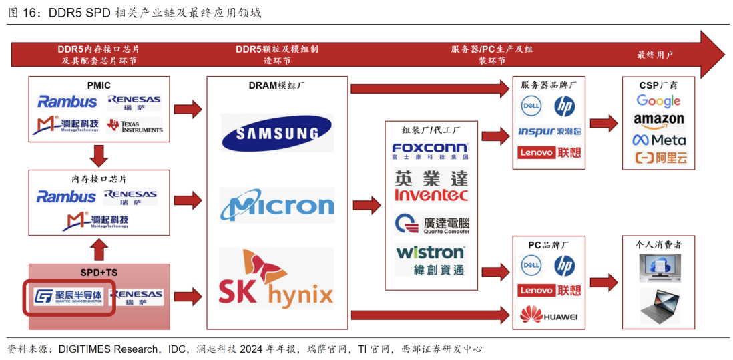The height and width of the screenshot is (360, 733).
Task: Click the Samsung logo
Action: pos(276,132)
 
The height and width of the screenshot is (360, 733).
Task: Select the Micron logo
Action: pos(277,206)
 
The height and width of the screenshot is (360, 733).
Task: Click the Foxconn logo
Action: pos(431,151)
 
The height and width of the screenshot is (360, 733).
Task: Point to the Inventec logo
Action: pos(431,187)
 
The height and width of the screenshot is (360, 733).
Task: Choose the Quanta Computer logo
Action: pos(431,224)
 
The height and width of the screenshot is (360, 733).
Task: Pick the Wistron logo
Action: pos(431,259)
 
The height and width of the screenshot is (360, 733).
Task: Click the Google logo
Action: pos(658,101)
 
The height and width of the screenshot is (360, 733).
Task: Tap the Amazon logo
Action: pos(658,120)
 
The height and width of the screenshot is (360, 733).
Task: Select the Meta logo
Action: pos(658,140)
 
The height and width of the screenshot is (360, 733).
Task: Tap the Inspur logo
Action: pos(549,132)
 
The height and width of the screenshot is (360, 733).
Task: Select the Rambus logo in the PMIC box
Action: pos(67,102)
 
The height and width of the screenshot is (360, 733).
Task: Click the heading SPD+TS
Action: pos(99,273)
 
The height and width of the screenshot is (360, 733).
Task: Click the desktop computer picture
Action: pos(658,267)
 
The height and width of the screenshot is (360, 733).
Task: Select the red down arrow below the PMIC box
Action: pos(99,156)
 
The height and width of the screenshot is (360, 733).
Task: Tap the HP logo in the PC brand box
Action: pos(565,266)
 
